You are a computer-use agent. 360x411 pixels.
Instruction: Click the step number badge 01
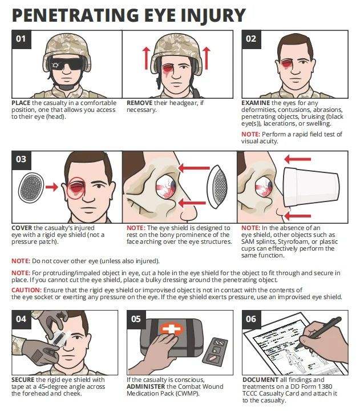click(21, 39)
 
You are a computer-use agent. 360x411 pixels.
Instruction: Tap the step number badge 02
click(251, 39)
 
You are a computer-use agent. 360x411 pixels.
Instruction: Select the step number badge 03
click(21, 160)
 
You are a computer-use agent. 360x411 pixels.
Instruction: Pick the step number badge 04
click(21, 319)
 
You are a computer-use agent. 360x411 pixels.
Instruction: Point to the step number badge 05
click(136, 319)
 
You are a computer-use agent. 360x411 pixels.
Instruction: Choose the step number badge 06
click(251, 319)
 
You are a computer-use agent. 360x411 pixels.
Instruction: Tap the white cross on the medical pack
click(171, 329)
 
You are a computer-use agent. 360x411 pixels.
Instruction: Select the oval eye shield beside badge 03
click(31, 188)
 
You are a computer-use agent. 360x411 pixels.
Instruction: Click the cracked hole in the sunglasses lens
click(55, 65)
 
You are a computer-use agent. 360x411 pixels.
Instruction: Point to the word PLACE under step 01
click(21, 103)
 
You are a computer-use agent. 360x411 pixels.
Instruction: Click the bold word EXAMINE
click(256, 103)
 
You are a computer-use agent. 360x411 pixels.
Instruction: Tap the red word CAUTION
click(26, 290)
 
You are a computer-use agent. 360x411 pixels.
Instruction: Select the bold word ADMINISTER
click(145, 386)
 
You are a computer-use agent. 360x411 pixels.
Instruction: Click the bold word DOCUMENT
click(260, 380)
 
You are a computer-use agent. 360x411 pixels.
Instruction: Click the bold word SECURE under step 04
click(23, 380)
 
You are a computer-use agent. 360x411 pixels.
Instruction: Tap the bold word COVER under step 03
click(22, 228)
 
